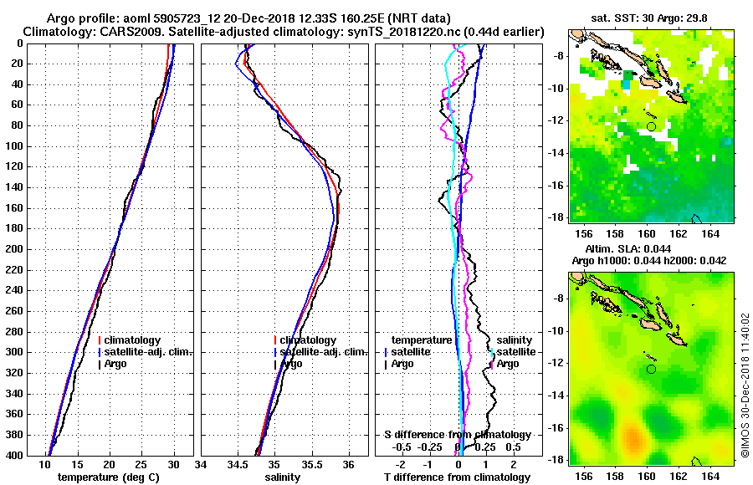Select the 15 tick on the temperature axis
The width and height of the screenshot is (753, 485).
[77, 465]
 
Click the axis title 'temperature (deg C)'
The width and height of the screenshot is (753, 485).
[109, 477]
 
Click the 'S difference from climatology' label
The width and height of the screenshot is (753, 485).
[458, 435]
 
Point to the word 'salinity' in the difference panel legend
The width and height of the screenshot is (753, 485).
[515, 340]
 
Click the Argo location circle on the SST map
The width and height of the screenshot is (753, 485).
[651, 126]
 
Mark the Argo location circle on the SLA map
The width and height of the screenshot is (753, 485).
[651, 369]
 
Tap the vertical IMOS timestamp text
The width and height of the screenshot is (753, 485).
[744, 385]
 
